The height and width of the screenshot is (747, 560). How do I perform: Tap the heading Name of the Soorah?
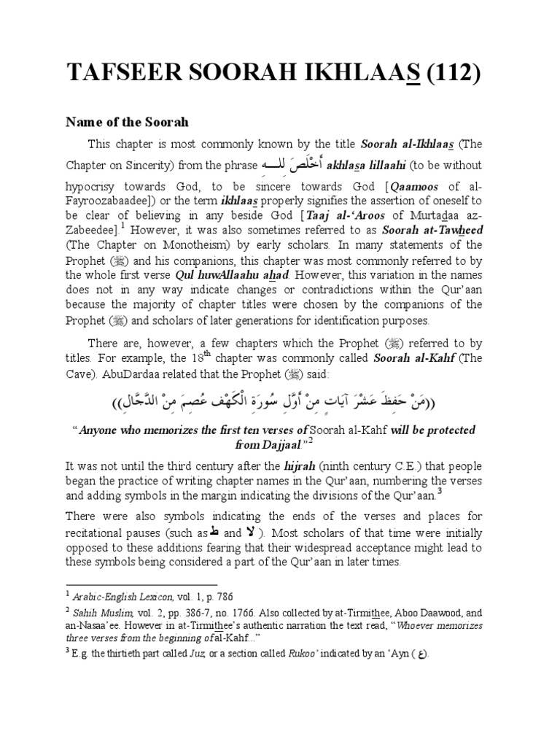pos(128,122)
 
